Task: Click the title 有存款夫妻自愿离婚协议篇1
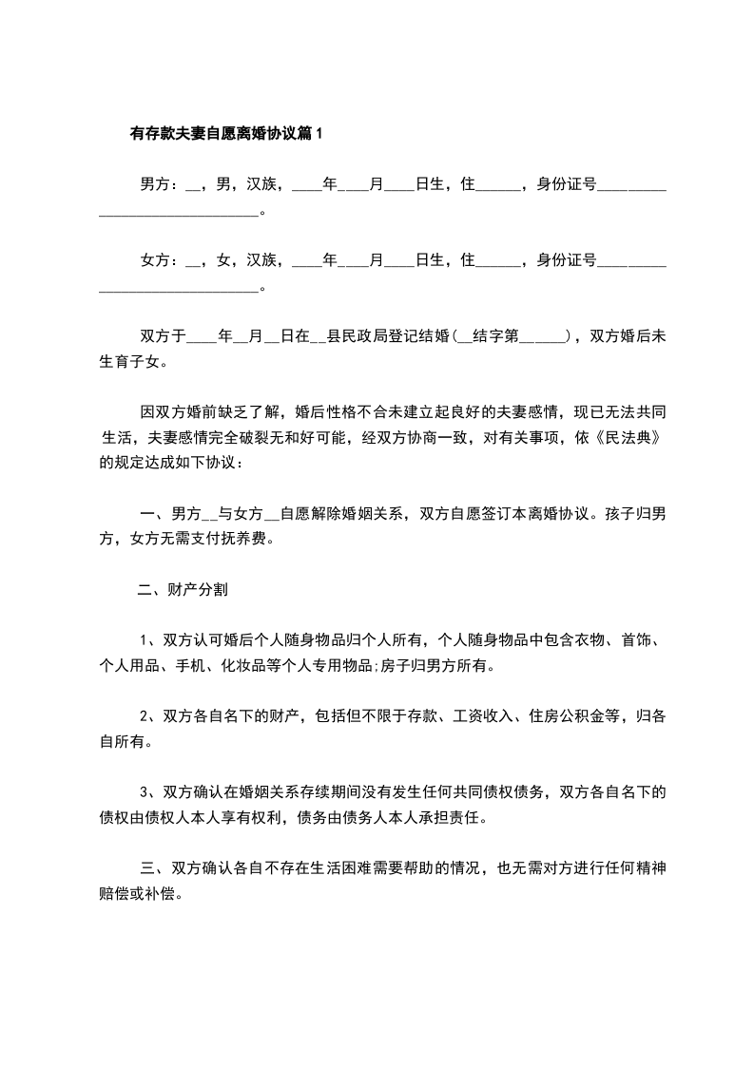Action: point(226,135)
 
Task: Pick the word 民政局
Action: point(367,335)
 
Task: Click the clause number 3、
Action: point(150,791)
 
